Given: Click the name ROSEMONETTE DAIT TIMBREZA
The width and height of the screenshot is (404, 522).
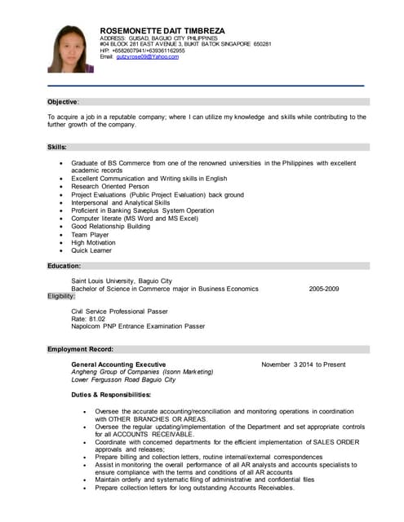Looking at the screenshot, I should tap(163, 30).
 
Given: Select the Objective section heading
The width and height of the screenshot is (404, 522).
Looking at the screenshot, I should tap(63, 102).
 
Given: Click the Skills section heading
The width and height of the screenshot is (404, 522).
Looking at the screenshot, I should tap(57, 147).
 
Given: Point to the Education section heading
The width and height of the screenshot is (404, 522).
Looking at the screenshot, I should tap(64, 266).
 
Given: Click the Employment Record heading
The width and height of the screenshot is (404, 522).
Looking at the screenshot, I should tap(79, 349).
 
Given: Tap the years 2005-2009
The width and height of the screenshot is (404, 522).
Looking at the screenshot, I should tap(324, 289).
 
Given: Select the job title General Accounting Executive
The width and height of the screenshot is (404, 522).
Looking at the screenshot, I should tap(119, 364).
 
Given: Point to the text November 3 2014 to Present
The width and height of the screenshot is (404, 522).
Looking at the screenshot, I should tap(303, 364).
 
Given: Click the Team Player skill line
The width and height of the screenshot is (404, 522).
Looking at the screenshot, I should tap(90, 234).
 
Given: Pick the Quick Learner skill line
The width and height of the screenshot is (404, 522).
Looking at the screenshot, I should tap(92, 250).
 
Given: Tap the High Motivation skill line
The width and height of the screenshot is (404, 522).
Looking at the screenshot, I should tap(95, 242).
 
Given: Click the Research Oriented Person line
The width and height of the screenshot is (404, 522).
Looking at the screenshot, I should tap(110, 187).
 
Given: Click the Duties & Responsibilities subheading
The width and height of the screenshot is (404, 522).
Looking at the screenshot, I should tap(111, 395).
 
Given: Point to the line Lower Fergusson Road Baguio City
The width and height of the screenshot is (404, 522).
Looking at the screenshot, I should tap(123, 379).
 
